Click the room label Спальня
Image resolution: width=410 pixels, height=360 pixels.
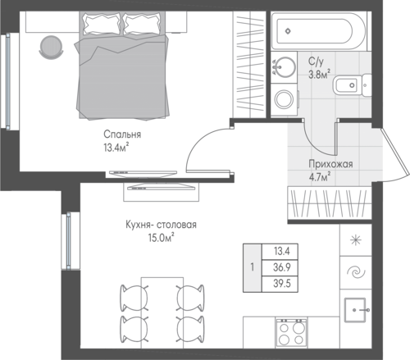(x=122, y=134)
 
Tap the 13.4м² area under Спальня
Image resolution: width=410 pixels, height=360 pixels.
(x=116, y=148)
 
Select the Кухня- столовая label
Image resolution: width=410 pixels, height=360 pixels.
(x=161, y=225)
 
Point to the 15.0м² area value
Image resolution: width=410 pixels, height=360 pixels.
(x=162, y=238)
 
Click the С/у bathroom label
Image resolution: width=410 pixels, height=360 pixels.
(x=316, y=62)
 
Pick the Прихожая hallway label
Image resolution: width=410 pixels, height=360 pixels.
(x=330, y=164)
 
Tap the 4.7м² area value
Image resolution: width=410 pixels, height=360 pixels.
(x=320, y=177)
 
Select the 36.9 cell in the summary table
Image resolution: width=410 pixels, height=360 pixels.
(x=282, y=267)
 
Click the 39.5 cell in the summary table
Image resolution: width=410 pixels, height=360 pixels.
(x=282, y=284)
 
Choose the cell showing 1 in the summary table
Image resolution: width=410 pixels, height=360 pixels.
(x=253, y=267)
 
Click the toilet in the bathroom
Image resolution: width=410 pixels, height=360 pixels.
(x=352, y=85)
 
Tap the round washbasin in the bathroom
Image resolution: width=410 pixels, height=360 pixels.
(x=285, y=66)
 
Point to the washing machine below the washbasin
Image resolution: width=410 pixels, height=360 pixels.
(x=285, y=98)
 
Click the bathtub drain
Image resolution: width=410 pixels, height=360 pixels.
(x=288, y=31)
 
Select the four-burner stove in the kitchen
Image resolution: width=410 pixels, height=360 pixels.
(x=291, y=333)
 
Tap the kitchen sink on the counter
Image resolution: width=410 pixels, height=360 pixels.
(x=355, y=310)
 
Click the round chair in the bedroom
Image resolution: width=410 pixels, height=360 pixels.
(x=52, y=47)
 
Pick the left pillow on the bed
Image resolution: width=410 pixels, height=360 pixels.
(x=102, y=24)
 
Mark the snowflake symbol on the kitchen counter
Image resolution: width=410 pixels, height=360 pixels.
(x=356, y=240)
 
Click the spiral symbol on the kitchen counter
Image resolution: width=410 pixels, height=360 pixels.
(x=356, y=272)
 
